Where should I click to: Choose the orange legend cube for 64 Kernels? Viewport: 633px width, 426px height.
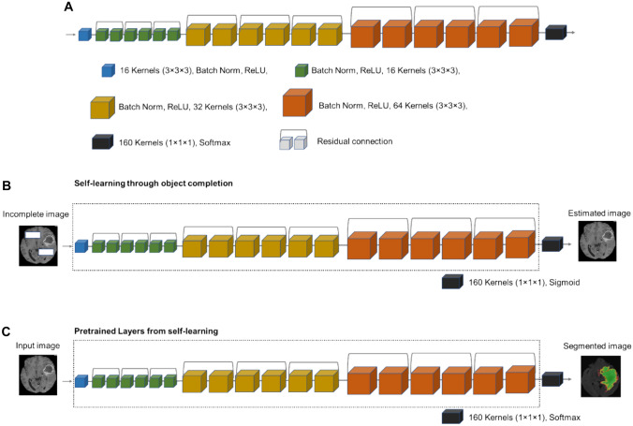pyautogui.click(x=296, y=103)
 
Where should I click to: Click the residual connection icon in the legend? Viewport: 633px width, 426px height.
pyautogui.click(x=292, y=142)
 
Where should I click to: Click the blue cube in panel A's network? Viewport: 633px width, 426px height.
pyautogui.click(x=84, y=35)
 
